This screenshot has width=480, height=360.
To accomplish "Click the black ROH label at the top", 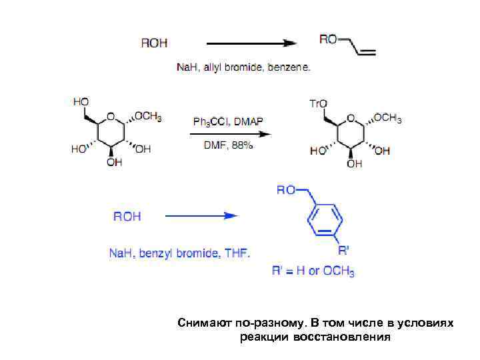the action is coord(155,43).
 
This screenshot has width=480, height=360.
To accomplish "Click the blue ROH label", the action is coord(127,216).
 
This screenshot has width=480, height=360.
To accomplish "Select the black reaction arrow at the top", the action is coord(251,43).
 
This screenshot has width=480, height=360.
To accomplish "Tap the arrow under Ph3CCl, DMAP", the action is coord(231,133).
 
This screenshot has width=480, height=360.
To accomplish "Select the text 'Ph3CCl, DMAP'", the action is coord(228,121).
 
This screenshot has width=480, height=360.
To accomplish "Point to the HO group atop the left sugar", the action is coord(81,101).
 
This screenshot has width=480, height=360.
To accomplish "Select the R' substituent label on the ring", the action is coord(343,251).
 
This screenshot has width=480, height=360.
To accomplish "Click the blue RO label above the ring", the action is coord(286,190).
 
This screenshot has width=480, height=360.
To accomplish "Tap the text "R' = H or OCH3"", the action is coord(313,271).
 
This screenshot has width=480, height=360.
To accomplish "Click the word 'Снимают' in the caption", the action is coord(202,323).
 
